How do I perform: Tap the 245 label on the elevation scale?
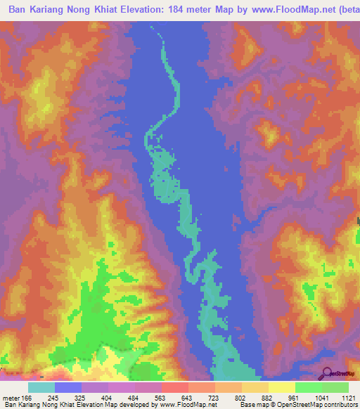click(68, 398)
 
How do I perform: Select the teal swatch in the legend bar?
click(41, 387)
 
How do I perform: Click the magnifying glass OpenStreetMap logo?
click(326, 373)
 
